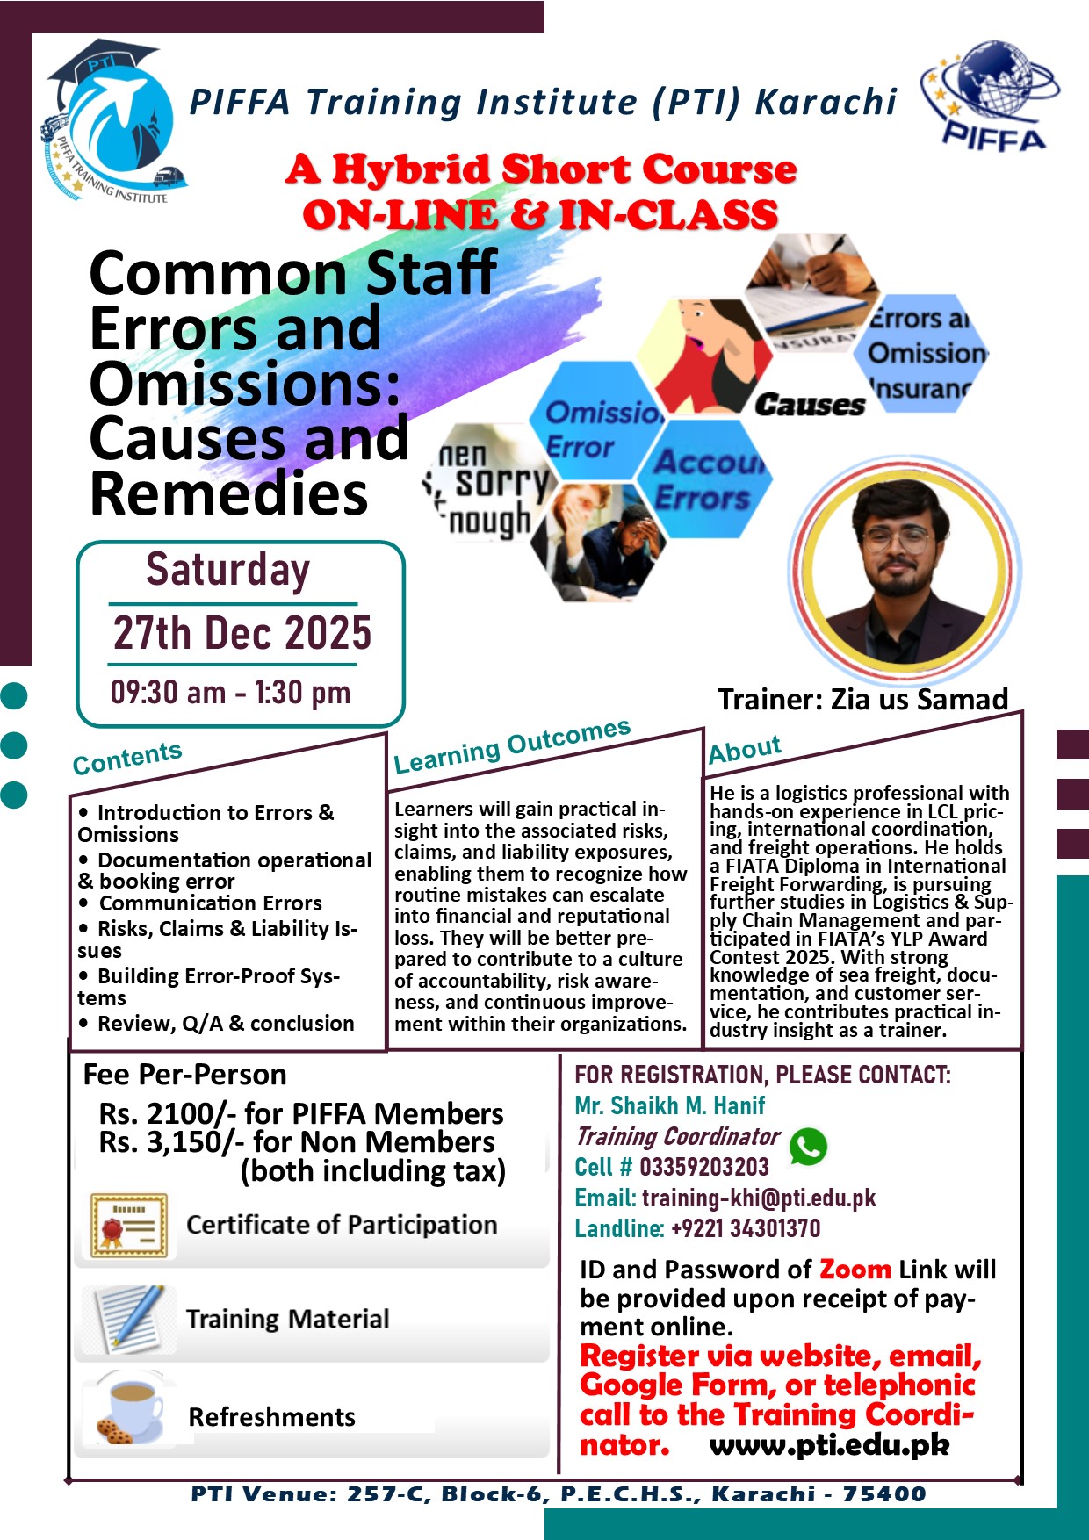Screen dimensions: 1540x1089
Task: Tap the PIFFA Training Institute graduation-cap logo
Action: [114, 123]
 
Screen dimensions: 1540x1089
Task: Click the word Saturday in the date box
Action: [228, 570]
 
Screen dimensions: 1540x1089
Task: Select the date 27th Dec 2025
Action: [242, 633]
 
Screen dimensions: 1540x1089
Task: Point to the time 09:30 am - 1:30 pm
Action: [230, 693]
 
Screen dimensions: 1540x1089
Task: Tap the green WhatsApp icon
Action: [808, 1147]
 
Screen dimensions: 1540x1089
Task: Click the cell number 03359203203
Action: [703, 1167]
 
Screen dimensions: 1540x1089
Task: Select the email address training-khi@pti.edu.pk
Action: [759, 1198]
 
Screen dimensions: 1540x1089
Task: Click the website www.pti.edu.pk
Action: [829, 1445]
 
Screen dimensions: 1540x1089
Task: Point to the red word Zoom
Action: [855, 1270]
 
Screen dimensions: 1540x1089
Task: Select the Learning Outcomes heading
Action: [512, 746]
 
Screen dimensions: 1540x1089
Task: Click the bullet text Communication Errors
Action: [210, 903]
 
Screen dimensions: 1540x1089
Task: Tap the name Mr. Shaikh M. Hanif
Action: [669, 1105]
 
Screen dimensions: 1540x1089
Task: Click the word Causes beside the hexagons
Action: [810, 405]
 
